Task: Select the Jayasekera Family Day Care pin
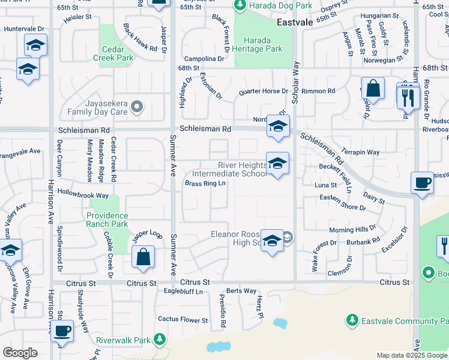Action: [x=137, y=107]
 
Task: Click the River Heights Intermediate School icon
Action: [x=277, y=164]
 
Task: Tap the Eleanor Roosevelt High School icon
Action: [x=272, y=241]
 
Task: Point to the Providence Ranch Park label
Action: [x=107, y=220]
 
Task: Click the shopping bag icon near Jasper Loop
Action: [x=143, y=258]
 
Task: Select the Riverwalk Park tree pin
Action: [x=159, y=340]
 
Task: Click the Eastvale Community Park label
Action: [x=399, y=321]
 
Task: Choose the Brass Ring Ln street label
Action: [x=205, y=184]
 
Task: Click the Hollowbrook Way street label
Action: [x=83, y=195]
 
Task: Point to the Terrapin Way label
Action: [x=360, y=152]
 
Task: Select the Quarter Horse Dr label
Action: [x=262, y=91]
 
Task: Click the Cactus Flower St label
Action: [x=182, y=320]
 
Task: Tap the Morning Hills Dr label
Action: [x=352, y=230]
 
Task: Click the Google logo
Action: [x=20, y=353]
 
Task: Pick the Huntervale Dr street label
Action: [x=23, y=28]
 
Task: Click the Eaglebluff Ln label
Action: [x=183, y=292]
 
